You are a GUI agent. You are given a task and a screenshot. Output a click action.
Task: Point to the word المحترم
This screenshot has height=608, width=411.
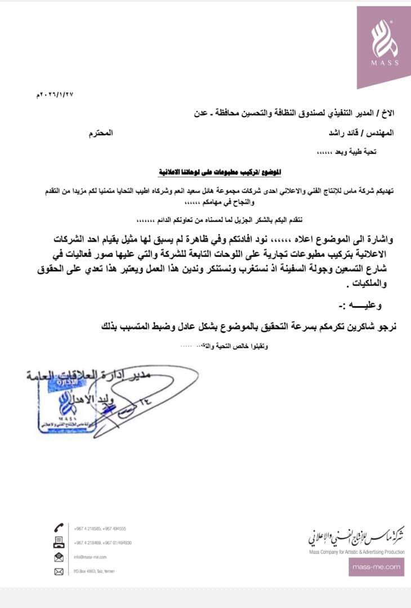tap(101, 133)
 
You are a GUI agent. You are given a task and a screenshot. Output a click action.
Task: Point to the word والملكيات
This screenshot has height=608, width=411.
tap(375, 284)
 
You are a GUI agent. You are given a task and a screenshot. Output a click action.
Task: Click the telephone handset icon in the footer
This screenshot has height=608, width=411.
tap(59, 529)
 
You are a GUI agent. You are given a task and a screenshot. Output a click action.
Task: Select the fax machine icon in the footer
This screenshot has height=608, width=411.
tap(59, 543)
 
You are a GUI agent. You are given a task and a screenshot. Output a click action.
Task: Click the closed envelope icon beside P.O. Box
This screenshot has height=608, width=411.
tap(59, 571)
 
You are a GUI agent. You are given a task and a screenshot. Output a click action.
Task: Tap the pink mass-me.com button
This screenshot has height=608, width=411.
tap(376, 567)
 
